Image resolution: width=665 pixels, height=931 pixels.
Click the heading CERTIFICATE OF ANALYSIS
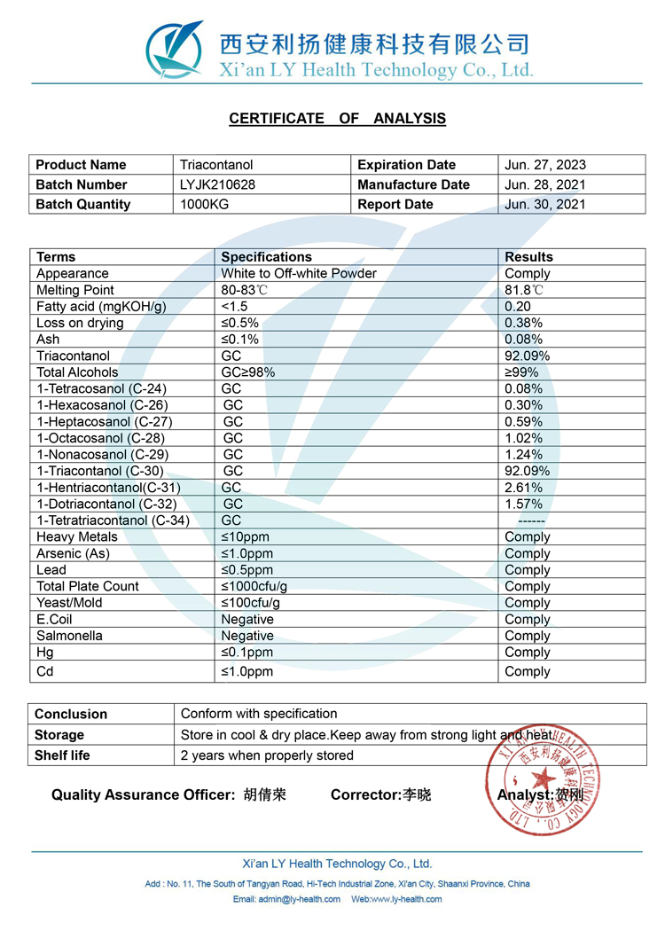click(337, 119)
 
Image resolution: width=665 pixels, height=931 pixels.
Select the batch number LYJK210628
click(215, 184)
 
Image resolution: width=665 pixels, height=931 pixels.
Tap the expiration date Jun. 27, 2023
click(545, 165)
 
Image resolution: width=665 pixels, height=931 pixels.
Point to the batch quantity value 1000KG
click(204, 204)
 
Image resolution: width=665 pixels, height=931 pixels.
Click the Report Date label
click(395, 204)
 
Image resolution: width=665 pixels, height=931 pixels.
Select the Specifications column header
click(266, 257)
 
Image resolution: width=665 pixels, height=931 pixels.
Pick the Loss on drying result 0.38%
click(523, 323)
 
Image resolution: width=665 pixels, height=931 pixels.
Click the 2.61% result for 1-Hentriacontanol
click(523, 488)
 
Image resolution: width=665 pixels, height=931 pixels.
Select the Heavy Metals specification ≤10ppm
click(245, 537)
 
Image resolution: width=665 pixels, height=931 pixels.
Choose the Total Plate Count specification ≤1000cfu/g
click(254, 586)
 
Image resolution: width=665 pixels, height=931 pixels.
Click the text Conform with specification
click(259, 714)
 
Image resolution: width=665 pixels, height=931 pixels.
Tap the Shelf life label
click(62, 755)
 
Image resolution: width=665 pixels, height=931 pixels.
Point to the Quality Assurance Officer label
click(143, 795)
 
